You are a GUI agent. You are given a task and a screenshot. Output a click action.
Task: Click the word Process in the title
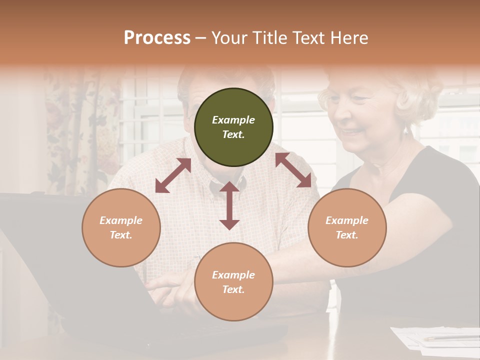[x=157, y=38]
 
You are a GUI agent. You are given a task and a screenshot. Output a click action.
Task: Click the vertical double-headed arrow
[x=229, y=205]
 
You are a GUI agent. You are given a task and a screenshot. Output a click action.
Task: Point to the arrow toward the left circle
[x=173, y=175]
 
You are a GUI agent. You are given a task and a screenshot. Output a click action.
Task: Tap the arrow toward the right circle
[x=293, y=170]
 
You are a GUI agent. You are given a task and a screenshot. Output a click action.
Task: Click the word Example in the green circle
[x=233, y=120]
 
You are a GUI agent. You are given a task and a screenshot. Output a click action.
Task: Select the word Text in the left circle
[x=121, y=235]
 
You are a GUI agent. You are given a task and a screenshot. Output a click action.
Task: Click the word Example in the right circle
[x=347, y=220]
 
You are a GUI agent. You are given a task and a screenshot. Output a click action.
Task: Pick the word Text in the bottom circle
[x=233, y=289]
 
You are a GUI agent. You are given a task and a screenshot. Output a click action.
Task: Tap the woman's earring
[x=406, y=131]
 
